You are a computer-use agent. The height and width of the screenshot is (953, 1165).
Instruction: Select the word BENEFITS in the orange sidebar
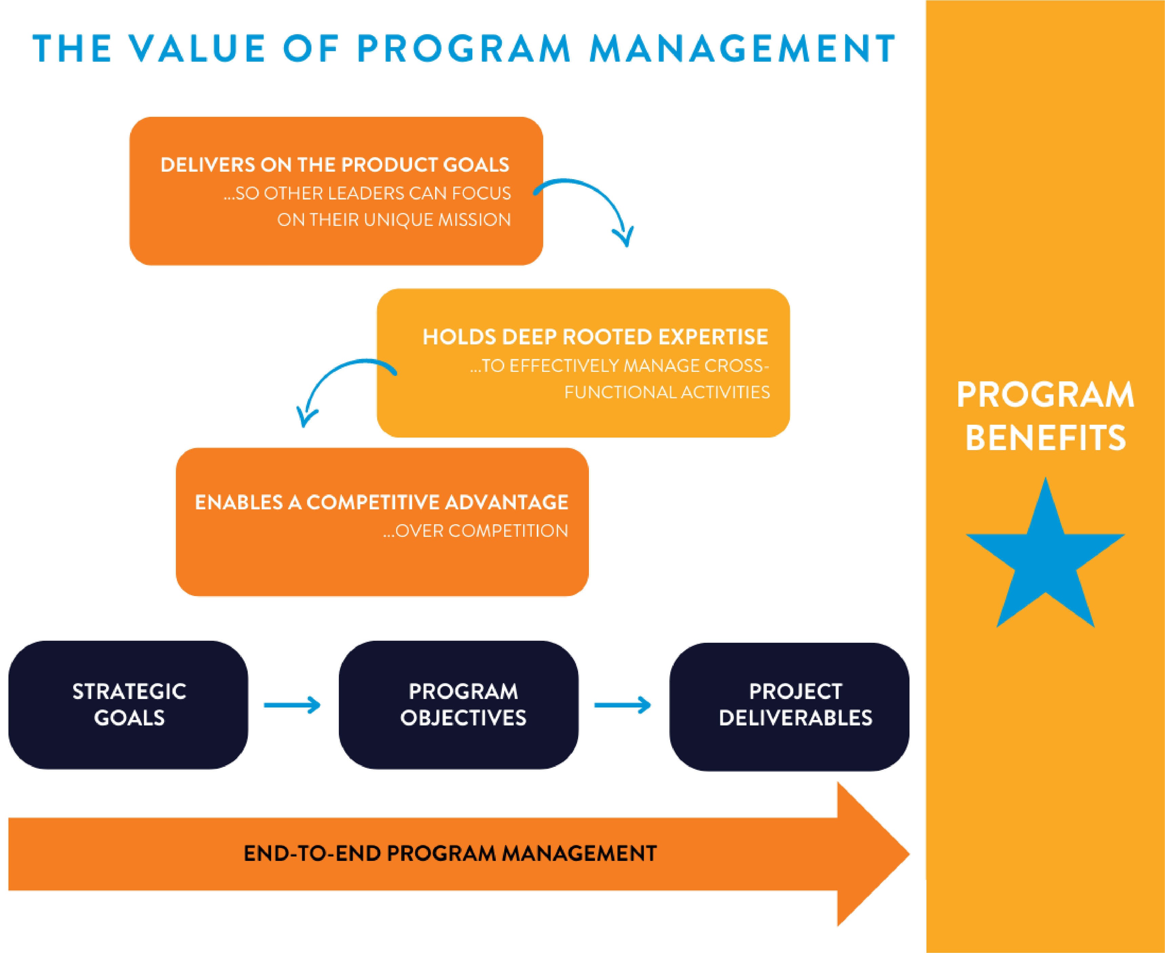coord(1045,438)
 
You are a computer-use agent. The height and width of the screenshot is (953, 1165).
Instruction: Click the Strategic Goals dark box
coord(128,705)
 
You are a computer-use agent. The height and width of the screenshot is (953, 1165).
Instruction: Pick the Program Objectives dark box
coord(458,705)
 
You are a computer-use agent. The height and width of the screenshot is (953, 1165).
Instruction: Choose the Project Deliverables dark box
coord(789,706)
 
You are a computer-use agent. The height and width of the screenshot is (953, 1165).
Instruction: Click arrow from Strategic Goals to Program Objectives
coord(292,705)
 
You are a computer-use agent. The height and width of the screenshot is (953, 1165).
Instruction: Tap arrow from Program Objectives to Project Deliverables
coord(623,705)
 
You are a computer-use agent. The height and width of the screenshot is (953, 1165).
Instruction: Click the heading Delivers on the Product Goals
coord(334,165)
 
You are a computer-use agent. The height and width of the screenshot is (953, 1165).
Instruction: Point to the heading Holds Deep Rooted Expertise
coord(595,337)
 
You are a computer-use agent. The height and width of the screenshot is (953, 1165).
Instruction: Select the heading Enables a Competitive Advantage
coord(381,502)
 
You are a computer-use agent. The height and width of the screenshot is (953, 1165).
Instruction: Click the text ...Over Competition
coord(476,531)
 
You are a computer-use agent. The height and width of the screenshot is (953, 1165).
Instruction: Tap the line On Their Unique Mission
coord(394,219)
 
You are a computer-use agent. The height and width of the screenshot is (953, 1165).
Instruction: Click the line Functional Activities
coord(667,392)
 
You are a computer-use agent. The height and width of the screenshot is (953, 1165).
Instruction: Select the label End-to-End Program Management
coord(450,854)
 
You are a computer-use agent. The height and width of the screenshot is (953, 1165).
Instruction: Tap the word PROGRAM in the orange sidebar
coord(1045,395)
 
